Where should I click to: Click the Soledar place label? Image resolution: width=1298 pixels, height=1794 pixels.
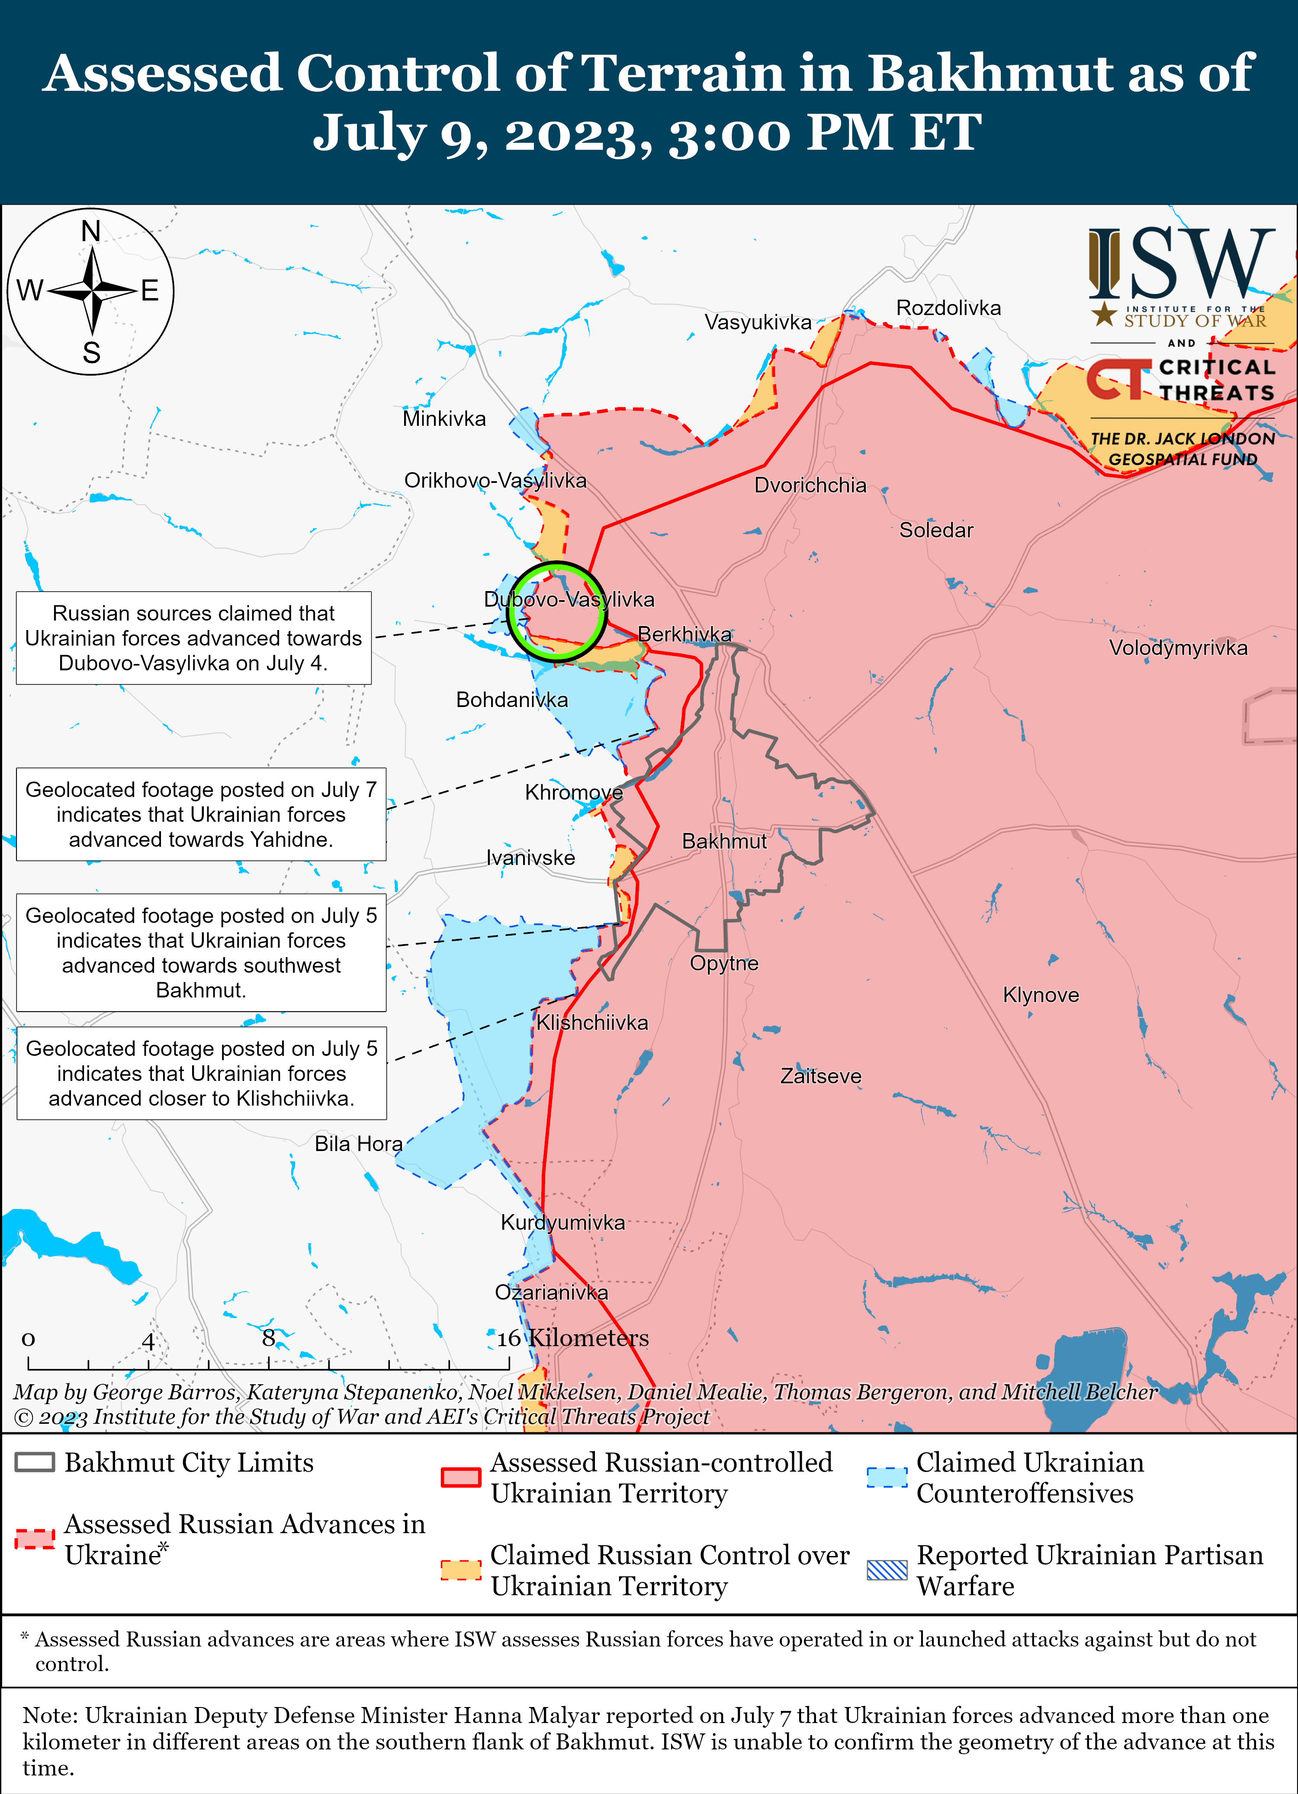coord(936,530)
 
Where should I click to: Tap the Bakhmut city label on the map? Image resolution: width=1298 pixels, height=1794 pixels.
coord(724,841)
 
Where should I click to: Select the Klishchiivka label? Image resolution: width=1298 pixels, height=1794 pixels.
coord(591,1023)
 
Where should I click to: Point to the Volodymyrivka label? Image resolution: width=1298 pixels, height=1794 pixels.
coord(1178,648)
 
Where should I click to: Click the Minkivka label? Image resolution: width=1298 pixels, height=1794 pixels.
coord(444,418)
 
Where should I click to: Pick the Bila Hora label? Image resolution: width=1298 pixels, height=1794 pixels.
coord(358,1144)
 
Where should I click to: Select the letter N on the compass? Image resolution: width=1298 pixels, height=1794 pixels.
coord(91,231)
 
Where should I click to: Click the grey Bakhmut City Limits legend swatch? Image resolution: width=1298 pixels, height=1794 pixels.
coord(35,1462)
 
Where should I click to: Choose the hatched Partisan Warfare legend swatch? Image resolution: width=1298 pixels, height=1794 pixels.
coord(887,1570)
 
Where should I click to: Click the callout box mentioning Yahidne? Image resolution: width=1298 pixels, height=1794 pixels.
coord(201,814)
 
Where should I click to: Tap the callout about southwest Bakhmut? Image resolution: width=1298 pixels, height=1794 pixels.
coord(201,952)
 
